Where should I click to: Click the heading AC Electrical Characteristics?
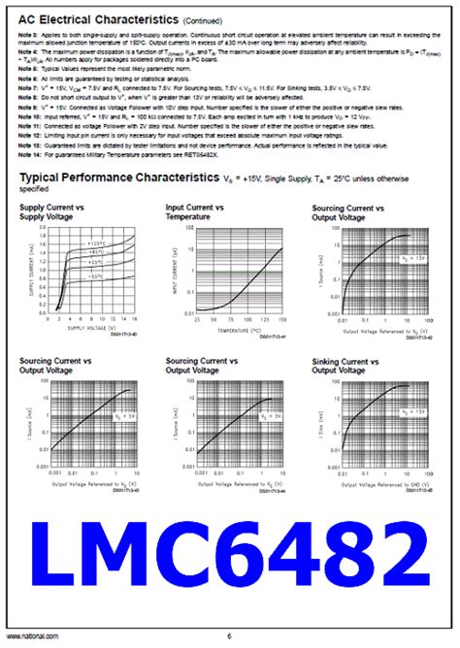pyautogui.click(x=84, y=18)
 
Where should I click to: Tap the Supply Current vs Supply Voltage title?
pyautogui.click(x=53, y=213)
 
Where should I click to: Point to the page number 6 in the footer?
pyautogui.click(x=230, y=635)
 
